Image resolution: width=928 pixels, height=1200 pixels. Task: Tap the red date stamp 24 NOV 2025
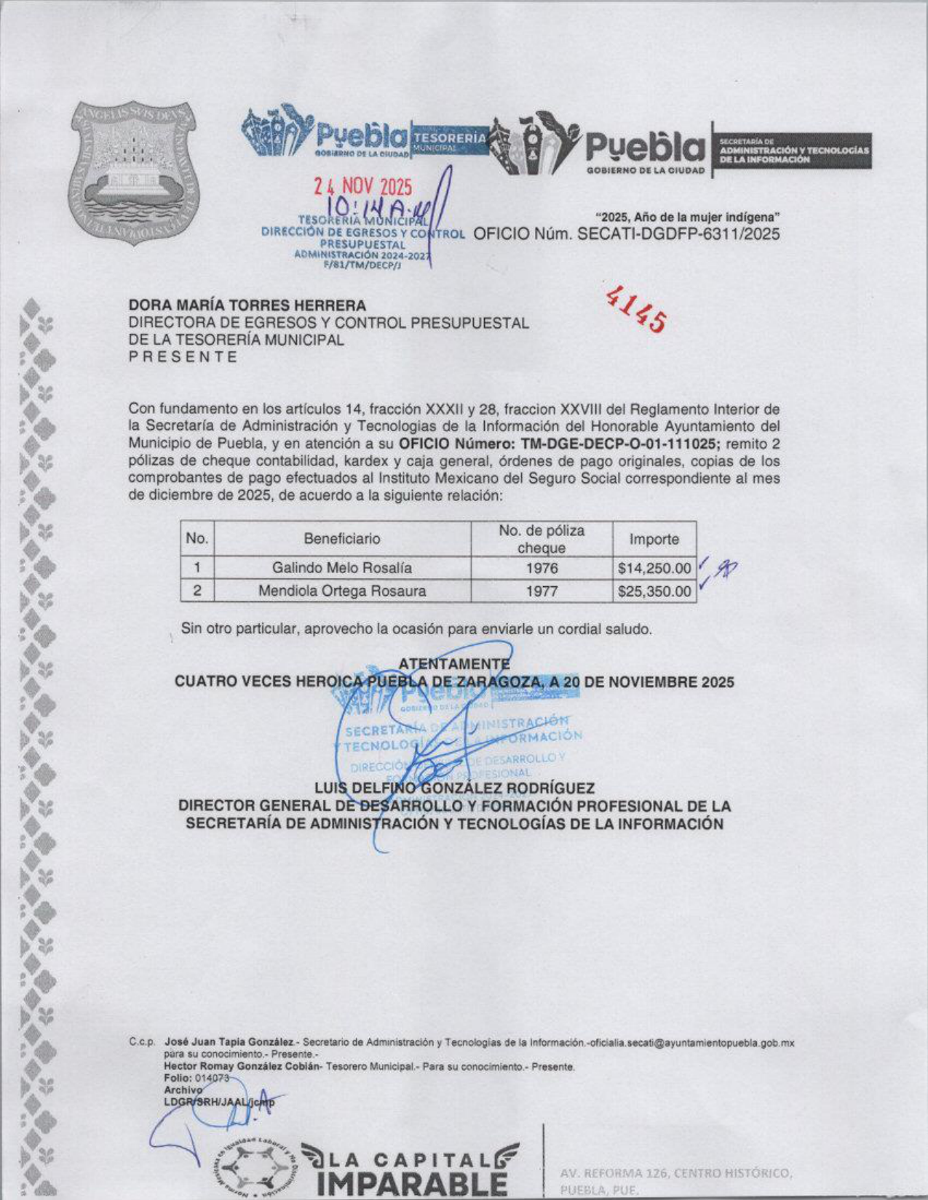point(362,187)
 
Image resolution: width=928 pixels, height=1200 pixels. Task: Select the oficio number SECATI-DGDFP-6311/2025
point(678,234)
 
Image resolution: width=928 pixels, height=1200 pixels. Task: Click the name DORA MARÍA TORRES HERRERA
point(247,305)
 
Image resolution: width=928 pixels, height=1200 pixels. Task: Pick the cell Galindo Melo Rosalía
point(342,567)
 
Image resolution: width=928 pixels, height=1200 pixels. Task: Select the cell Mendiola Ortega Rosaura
point(342,591)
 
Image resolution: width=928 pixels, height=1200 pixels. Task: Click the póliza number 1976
point(541,567)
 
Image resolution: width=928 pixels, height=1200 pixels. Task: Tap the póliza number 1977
point(541,591)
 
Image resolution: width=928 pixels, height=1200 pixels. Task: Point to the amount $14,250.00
point(654,567)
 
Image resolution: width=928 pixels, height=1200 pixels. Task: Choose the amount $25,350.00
point(654,591)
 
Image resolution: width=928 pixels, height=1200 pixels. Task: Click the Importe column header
point(654,539)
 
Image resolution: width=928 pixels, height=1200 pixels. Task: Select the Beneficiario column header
point(342,539)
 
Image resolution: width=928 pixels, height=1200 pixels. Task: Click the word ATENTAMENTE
point(454,663)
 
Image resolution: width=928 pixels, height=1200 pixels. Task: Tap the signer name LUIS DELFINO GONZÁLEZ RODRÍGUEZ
point(454,788)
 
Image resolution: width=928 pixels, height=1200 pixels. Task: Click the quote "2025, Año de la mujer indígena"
point(688,216)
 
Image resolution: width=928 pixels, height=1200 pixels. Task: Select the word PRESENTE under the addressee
point(183,357)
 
